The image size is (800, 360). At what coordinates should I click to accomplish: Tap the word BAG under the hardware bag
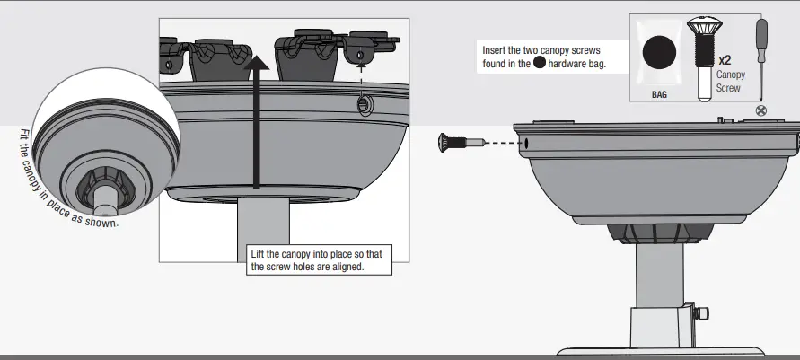[x=659, y=93]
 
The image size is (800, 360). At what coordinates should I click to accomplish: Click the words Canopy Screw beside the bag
[x=728, y=82]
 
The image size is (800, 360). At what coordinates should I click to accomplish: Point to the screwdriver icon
[x=761, y=58]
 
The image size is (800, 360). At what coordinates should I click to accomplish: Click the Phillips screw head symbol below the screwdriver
[x=762, y=110]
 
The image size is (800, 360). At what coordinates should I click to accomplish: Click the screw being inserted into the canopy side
[x=455, y=142]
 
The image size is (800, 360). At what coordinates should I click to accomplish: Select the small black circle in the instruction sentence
[x=540, y=64]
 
